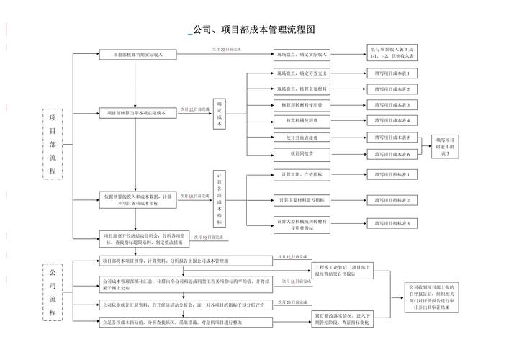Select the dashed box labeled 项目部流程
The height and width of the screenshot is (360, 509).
tap(53, 144)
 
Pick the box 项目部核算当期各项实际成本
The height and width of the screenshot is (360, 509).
tap(136, 113)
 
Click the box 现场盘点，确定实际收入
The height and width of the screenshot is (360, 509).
tap(302, 54)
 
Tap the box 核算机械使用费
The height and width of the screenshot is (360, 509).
tap(302, 120)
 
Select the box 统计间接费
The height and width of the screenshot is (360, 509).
tap(302, 153)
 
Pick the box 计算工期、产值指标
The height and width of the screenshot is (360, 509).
tap(302, 174)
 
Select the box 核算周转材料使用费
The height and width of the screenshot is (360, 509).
tap(302, 104)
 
